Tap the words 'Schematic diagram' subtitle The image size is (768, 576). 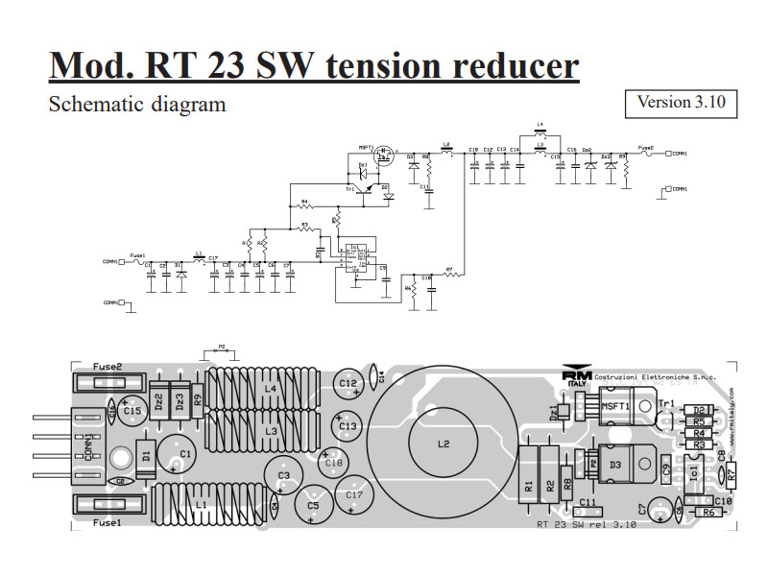[x=137, y=104]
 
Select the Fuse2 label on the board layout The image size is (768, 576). [x=108, y=367]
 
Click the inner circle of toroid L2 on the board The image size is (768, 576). [x=444, y=444]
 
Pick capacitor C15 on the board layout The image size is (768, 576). [x=132, y=411]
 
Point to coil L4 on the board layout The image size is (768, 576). [x=270, y=388]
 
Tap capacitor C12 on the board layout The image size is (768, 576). [x=348, y=383]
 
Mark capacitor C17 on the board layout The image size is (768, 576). [x=355, y=495]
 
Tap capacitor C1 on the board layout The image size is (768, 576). [x=185, y=453]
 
